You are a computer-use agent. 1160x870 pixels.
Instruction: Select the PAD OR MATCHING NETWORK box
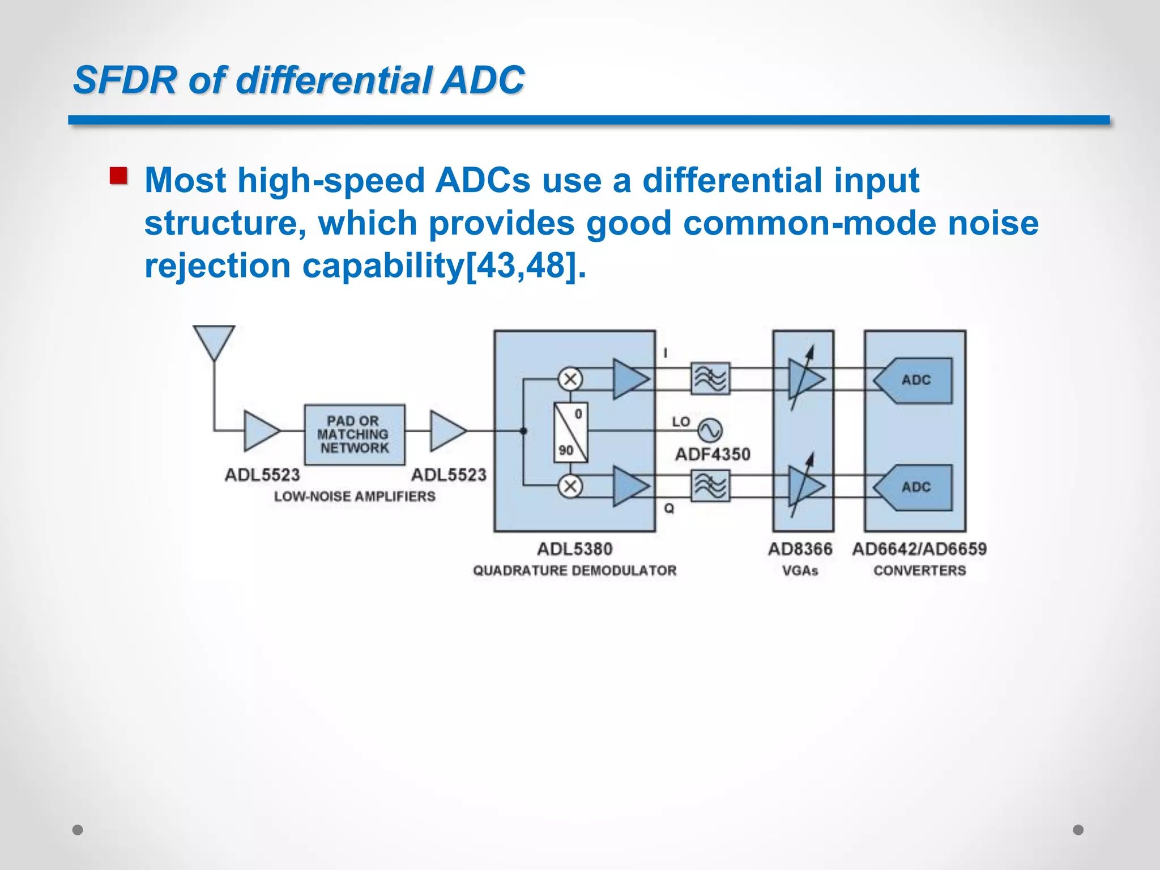click(x=355, y=434)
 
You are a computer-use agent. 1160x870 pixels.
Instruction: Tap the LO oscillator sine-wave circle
click(x=710, y=430)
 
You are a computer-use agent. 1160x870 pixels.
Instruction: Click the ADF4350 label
click(x=713, y=454)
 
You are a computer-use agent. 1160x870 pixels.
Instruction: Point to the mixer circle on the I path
click(x=570, y=379)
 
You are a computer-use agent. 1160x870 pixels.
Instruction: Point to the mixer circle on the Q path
click(x=570, y=486)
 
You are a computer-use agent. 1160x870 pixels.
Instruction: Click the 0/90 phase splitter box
click(x=570, y=433)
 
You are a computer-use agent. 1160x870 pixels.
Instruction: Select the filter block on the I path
click(x=710, y=379)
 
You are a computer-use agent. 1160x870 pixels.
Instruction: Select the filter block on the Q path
click(x=710, y=486)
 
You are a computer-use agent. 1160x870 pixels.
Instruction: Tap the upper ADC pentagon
click(x=913, y=380)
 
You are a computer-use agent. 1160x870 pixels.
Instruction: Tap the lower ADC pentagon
click(x=913, y=487)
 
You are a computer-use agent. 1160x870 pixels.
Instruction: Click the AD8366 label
click(x=800, y=549)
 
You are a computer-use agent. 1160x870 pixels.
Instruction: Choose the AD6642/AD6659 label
click(x=919, y=549)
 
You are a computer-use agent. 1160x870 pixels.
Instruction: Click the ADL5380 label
click(x=574, y=549)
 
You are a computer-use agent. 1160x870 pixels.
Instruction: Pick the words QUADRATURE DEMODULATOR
click(x=574, y=570)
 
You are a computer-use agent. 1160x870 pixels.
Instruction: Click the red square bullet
click(x=118, y=176)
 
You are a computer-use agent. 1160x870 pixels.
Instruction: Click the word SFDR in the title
click(x=125, y=80)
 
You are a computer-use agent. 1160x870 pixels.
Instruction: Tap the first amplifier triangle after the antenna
click(x=261, y=431)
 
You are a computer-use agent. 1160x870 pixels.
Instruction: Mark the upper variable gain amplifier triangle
click(x=806, y=379)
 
